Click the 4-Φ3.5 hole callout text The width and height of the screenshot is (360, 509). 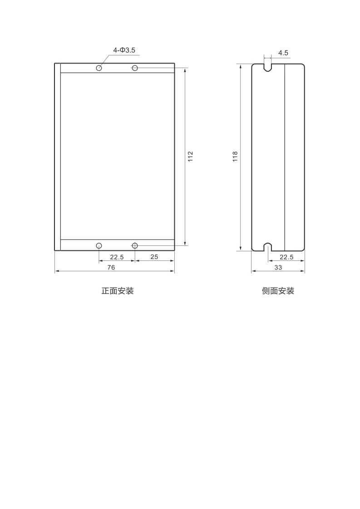[x=124, y=50]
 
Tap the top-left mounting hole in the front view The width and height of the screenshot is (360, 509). [x=99, y=68]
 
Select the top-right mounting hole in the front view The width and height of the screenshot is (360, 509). [x=135, y=68]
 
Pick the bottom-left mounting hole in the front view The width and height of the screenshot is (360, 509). [x=99, y=245]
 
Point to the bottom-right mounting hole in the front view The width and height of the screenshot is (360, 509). [x=135, y=245]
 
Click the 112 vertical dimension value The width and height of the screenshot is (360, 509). [x=191, y=157]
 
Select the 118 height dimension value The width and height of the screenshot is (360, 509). [x=235, y=157]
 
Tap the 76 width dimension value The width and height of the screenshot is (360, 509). [x=111, y=267]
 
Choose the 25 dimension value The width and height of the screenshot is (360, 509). [x=154, y=257]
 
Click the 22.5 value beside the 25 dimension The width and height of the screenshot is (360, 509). [x=117, y=257]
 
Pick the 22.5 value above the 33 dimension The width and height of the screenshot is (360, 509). [x=286, y=257]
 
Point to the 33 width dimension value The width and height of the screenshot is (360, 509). [x=278, y=267]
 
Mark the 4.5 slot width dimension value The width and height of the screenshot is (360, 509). [x=283, y=53]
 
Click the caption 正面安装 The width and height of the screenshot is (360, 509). [x=117, y=291]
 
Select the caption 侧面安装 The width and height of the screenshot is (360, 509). [x=278, y=291]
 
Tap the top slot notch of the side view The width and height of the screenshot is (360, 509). [x=267, y=67]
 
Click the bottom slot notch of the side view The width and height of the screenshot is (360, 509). [x=268, y=247]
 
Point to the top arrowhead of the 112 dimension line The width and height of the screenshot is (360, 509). [x=185, y=71]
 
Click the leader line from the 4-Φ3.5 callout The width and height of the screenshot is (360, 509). [x=104, y=60]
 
